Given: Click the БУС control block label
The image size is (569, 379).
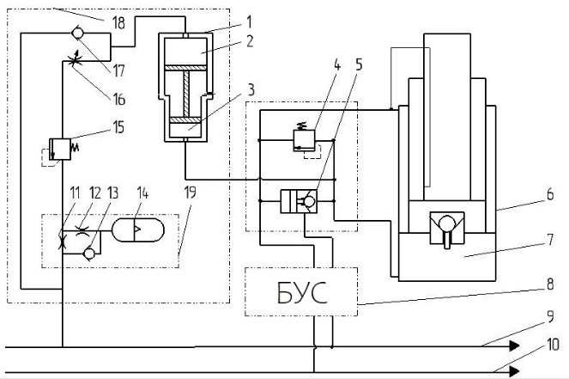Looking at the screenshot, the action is point(302,292).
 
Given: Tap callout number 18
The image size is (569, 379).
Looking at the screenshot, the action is point(118,23).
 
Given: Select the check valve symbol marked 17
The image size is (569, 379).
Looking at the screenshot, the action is point(77,34).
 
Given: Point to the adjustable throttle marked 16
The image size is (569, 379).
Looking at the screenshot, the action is point(75,59).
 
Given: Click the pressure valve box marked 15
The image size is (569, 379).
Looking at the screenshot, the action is point(60,149).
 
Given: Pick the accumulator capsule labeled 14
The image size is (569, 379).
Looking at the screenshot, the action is point(138,230).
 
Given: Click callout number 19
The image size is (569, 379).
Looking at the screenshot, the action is point(191,193).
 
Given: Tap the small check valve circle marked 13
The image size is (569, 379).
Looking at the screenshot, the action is point(89,254).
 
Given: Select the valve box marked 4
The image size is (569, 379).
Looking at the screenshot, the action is point(304,141).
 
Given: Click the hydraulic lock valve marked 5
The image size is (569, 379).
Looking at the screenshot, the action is point(299,201).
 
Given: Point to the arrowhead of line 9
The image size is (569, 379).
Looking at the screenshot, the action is point(515,346).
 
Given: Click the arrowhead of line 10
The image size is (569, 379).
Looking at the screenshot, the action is point(515,371).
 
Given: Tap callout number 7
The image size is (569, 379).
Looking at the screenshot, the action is point(550,240).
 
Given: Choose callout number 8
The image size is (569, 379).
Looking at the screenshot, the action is point(550,284).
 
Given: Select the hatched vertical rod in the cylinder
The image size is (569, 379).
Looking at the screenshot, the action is point(186,92).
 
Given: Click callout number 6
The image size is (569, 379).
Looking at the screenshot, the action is point(550,194).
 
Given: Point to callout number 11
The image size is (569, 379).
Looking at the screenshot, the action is point(75,193).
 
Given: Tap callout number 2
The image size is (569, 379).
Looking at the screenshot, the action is point(249,41).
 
